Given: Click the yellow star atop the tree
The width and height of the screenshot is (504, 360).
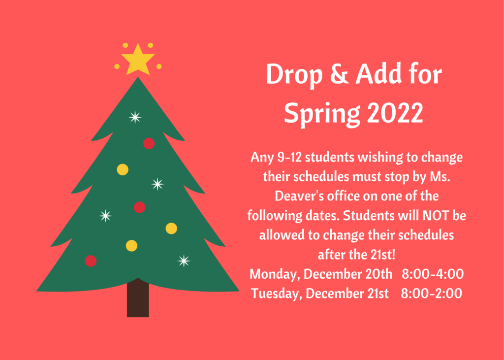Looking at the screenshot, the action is click(138, 61).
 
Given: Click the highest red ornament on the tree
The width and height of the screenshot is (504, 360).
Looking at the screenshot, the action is click(149, 143).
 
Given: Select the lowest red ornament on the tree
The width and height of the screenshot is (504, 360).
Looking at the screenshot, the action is click(91, 261).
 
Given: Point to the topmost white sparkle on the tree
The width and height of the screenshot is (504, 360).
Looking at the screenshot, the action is click(135, 117).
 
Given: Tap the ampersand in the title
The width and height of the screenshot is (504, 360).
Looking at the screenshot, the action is click(339, 75).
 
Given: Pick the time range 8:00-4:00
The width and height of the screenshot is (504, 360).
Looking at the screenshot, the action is click(433, 274).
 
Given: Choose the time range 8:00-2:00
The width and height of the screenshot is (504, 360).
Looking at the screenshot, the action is click(431, 294).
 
